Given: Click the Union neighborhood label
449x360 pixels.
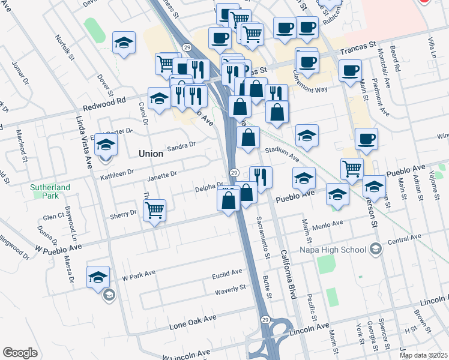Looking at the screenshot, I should [x=151, y=154].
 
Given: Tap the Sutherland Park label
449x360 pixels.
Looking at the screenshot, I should [x=51, y=192].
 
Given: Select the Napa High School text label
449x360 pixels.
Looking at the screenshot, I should [x=339, y=250].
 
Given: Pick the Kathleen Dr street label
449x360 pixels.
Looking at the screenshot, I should [x=116, y=175].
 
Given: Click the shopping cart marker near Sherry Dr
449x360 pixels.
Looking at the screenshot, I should [x=155, y=211].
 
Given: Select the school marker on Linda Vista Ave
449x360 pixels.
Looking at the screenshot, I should [x=106, y=146].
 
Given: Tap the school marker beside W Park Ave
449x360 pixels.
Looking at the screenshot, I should [x=98, y=277].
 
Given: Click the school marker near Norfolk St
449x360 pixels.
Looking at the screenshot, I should [x=124, y=43].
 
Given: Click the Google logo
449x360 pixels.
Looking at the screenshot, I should [x=20, y=353].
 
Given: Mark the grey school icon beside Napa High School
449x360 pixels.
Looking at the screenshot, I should [x=376, y=248].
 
